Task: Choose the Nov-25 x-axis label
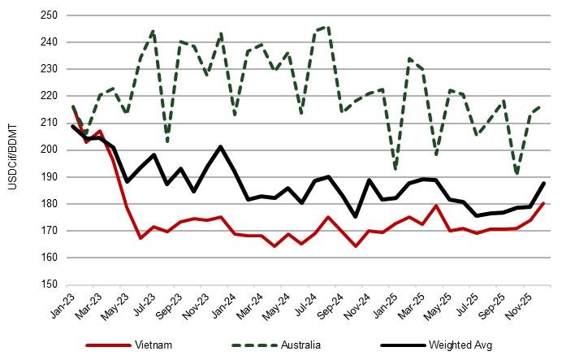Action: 521,305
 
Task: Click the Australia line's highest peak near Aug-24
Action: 328,27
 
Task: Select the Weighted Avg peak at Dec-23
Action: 220,147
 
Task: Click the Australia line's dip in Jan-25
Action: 396,168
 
